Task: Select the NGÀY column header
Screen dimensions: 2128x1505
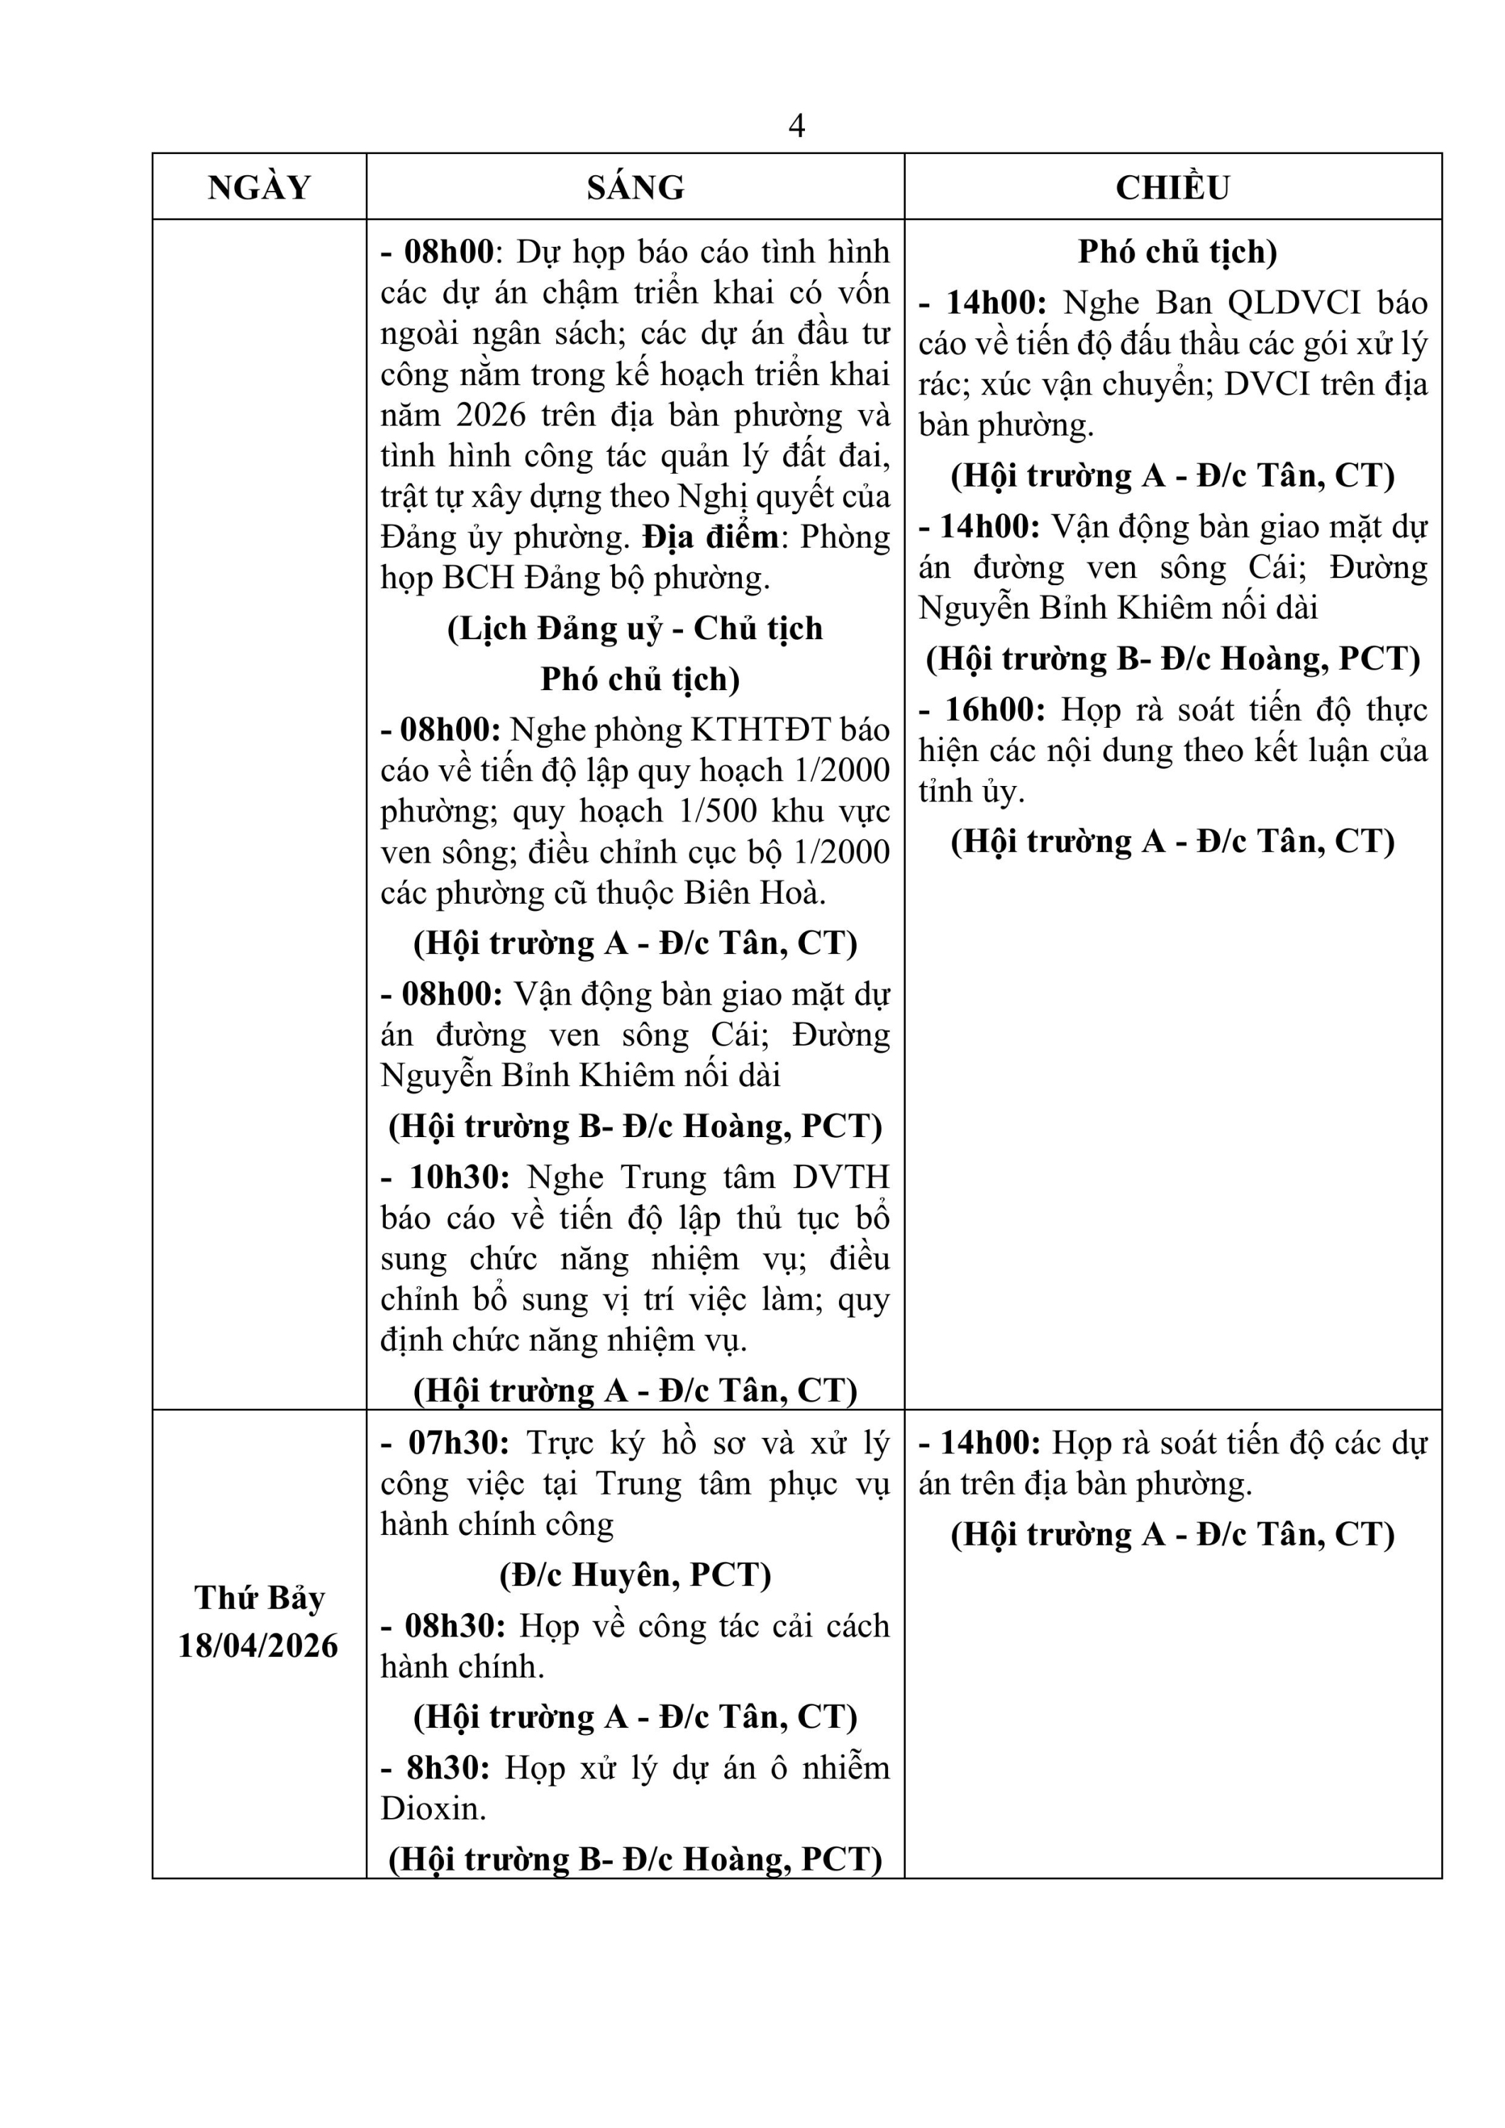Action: pyautogui.click(x=260, y=188)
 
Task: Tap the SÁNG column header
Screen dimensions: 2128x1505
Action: pyautogui.click(x=635, y=188)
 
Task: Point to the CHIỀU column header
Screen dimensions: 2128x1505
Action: pyautogui.click(x=1172, y=188)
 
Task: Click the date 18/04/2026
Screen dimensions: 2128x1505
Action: pyautogui.click(x=259, y=1646)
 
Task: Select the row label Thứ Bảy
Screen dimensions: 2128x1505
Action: pyautogui.click(x=260, y=1598)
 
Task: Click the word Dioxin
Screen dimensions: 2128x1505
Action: pyautogui.click(x=432, y=1808)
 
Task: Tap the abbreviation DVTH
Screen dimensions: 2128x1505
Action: pyautogui.click(x=840, y=1177)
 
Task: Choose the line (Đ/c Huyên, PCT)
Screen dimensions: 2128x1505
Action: pyautogui.click(x=635, y=1575)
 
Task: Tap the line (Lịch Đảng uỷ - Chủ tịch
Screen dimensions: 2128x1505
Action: pyautogui.click(x=635, y=628)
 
